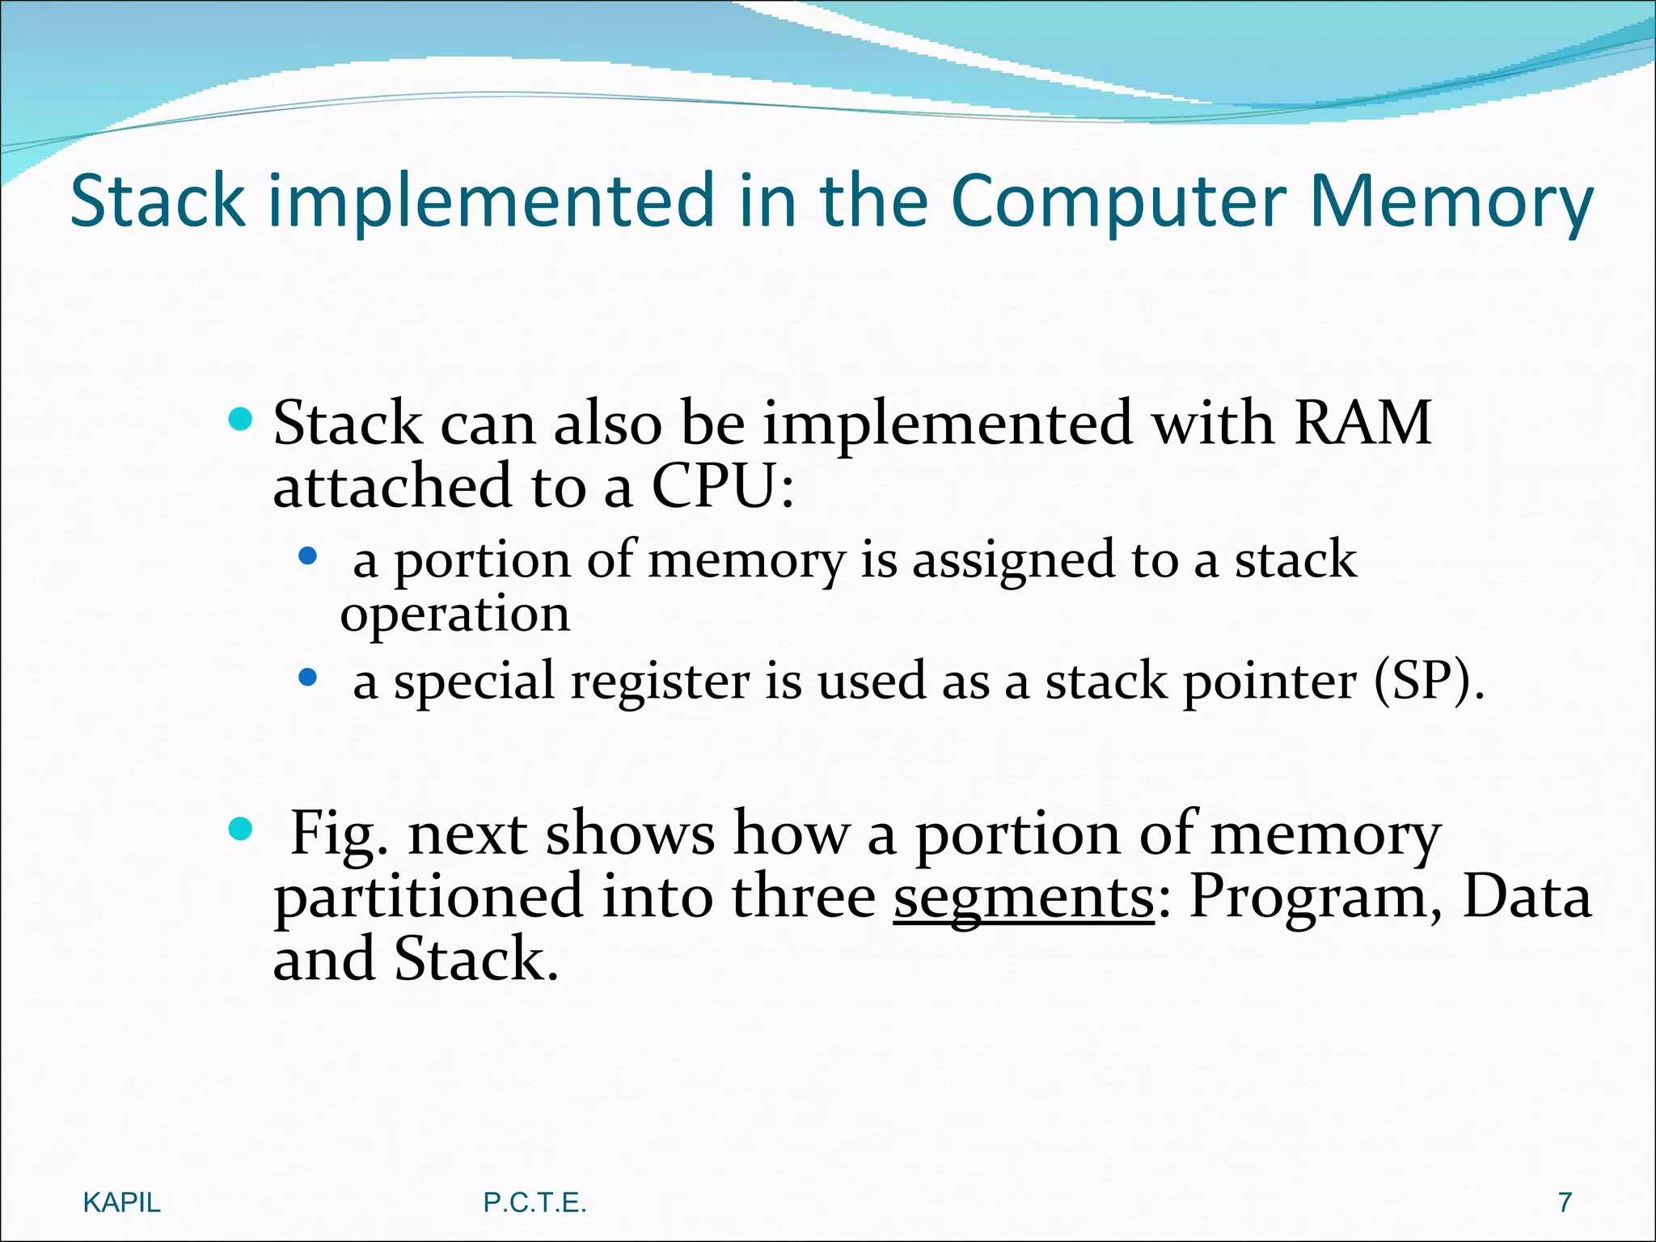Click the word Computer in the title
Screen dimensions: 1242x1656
pos(1118,202)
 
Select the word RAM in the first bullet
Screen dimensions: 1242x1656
pos(1362,424)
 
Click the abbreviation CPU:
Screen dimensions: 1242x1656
pos(723,488)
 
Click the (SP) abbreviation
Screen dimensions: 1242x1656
pos(1429,681)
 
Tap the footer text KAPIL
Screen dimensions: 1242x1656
pos(122,1203)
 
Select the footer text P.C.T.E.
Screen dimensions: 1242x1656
pos(534,1203)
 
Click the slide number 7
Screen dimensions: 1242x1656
pos(1565,1203)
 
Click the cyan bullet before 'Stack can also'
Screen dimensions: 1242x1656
pos(240,419)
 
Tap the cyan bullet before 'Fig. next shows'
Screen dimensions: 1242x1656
pos(240,829)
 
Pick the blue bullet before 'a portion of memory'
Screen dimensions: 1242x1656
pos(307,556)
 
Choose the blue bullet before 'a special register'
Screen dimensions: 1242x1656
pos(307,678)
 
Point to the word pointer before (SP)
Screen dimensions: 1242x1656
pos(1269,681)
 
